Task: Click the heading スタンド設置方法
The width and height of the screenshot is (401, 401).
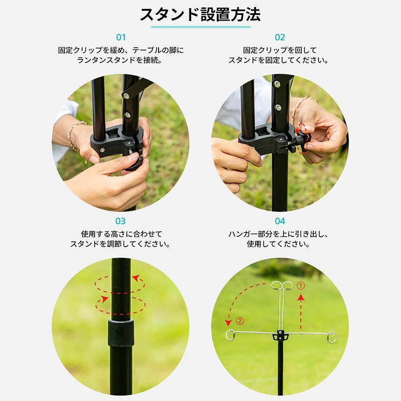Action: (200, 14)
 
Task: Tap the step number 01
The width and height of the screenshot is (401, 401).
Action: (121, 37)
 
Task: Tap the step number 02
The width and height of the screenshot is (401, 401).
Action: (280, 37)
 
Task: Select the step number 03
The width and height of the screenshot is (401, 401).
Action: (121, 221)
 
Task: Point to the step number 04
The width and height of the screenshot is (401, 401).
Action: (280, 221)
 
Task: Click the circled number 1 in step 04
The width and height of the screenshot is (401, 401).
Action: (301, 285)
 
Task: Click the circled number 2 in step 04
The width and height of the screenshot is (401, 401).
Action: (240, 321)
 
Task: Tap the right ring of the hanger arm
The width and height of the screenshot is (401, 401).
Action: (331, 337)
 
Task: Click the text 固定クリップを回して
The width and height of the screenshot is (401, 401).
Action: (280, 50)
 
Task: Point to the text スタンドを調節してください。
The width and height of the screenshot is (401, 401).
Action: (120, 244)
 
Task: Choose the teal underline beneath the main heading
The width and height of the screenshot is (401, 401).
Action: (200, 27)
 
